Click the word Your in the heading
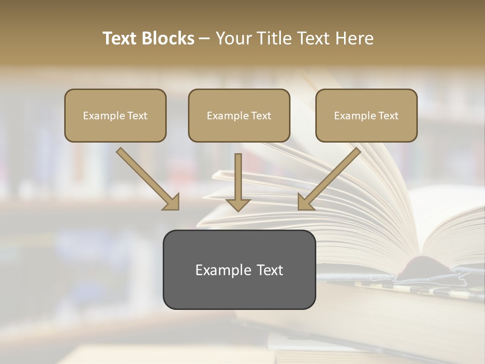click(233, 38)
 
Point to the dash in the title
click(205, 39)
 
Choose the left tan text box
click(115, 115)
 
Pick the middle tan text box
click(239, 115)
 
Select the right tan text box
click(366, 115)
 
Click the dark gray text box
click(239, 269)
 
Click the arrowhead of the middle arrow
click(238, 204)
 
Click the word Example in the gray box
click(216, 270)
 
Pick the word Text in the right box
click(389, 116)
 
